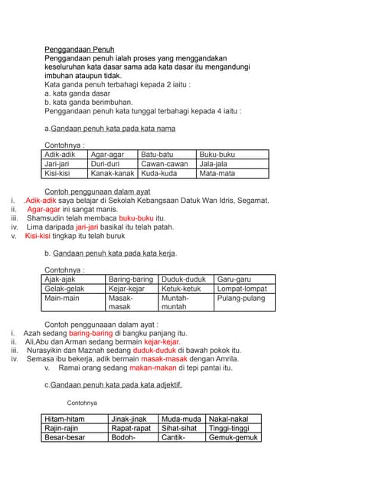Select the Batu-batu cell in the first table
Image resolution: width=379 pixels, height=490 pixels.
click(x=157, y=154)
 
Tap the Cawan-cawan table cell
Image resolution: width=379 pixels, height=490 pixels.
click(x=165, y=164)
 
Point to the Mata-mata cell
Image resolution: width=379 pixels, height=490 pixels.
click(x=217, y=174)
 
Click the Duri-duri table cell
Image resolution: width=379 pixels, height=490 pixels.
click(x=106, y=164)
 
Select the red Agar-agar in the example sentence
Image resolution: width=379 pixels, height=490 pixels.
click(x=44, y=209)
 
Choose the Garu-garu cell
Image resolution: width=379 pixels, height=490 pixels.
click(x=234, y=279)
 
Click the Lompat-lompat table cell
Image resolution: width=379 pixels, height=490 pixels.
click(x=242, y=289)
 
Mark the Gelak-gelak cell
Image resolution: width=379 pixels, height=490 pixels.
click(x=64, y=289)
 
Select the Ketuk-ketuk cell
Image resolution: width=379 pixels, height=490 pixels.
click(x=181, y=289)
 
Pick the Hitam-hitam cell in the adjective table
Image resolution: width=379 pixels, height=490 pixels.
click(x=65, y=419)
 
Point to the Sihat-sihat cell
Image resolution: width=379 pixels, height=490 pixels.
click(x=179, y=429)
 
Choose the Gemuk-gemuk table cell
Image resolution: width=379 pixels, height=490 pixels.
click(x=234, y=438)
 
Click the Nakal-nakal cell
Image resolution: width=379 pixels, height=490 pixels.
click(x=228, y=419)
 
